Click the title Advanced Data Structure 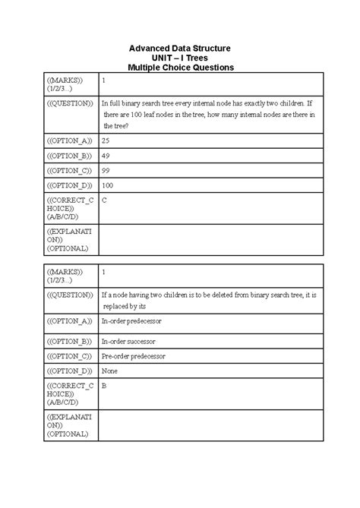180,49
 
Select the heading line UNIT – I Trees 180,58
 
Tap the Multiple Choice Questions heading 180,68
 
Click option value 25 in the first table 106,141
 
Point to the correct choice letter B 104,386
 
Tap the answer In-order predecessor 131,321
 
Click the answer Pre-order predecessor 134,356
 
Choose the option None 110,371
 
